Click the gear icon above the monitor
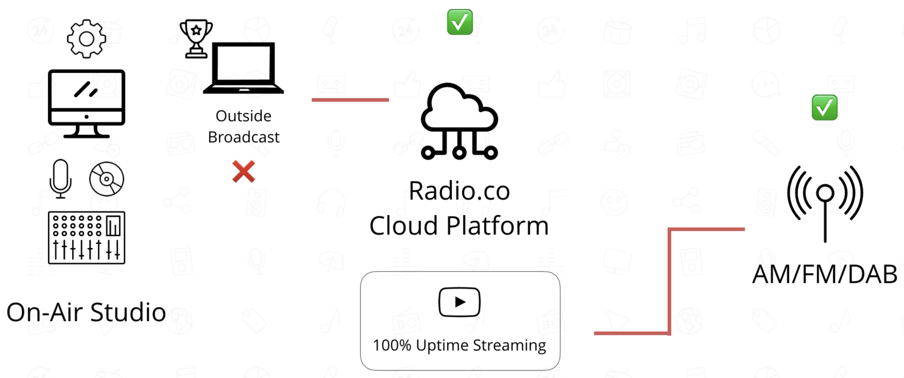(x=86, y=39)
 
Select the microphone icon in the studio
(x=60, y=178)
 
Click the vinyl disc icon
(x=107, y=179)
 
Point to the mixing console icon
(x=86, y=237)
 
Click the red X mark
(x=244, y=172)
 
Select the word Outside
(x=244, y=116)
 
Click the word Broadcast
(x=244, y=137)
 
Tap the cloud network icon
(x=459, y=121)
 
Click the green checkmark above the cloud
(x=460, y=22)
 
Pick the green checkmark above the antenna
(x=824, y=108)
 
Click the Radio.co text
(x=459, y=191)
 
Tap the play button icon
(x=459, y=302)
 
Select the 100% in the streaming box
(x=392, y=345)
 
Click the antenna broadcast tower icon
(x=825, y=203)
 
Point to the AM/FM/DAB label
(x=825, y=274)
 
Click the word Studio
(x=128, y=312)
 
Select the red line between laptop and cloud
(x=350, y=100)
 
